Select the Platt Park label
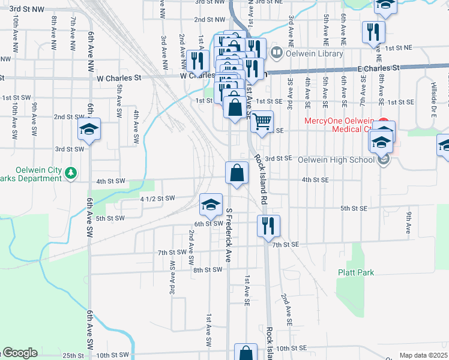[356, 272]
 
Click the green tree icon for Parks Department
[71, 173]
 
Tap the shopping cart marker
[262, 122]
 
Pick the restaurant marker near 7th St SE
[268, 226]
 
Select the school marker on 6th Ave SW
[89, 129]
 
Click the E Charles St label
[378, 69]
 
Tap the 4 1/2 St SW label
[157, 198]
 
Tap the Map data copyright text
[424, 355]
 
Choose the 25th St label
[73, 356]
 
